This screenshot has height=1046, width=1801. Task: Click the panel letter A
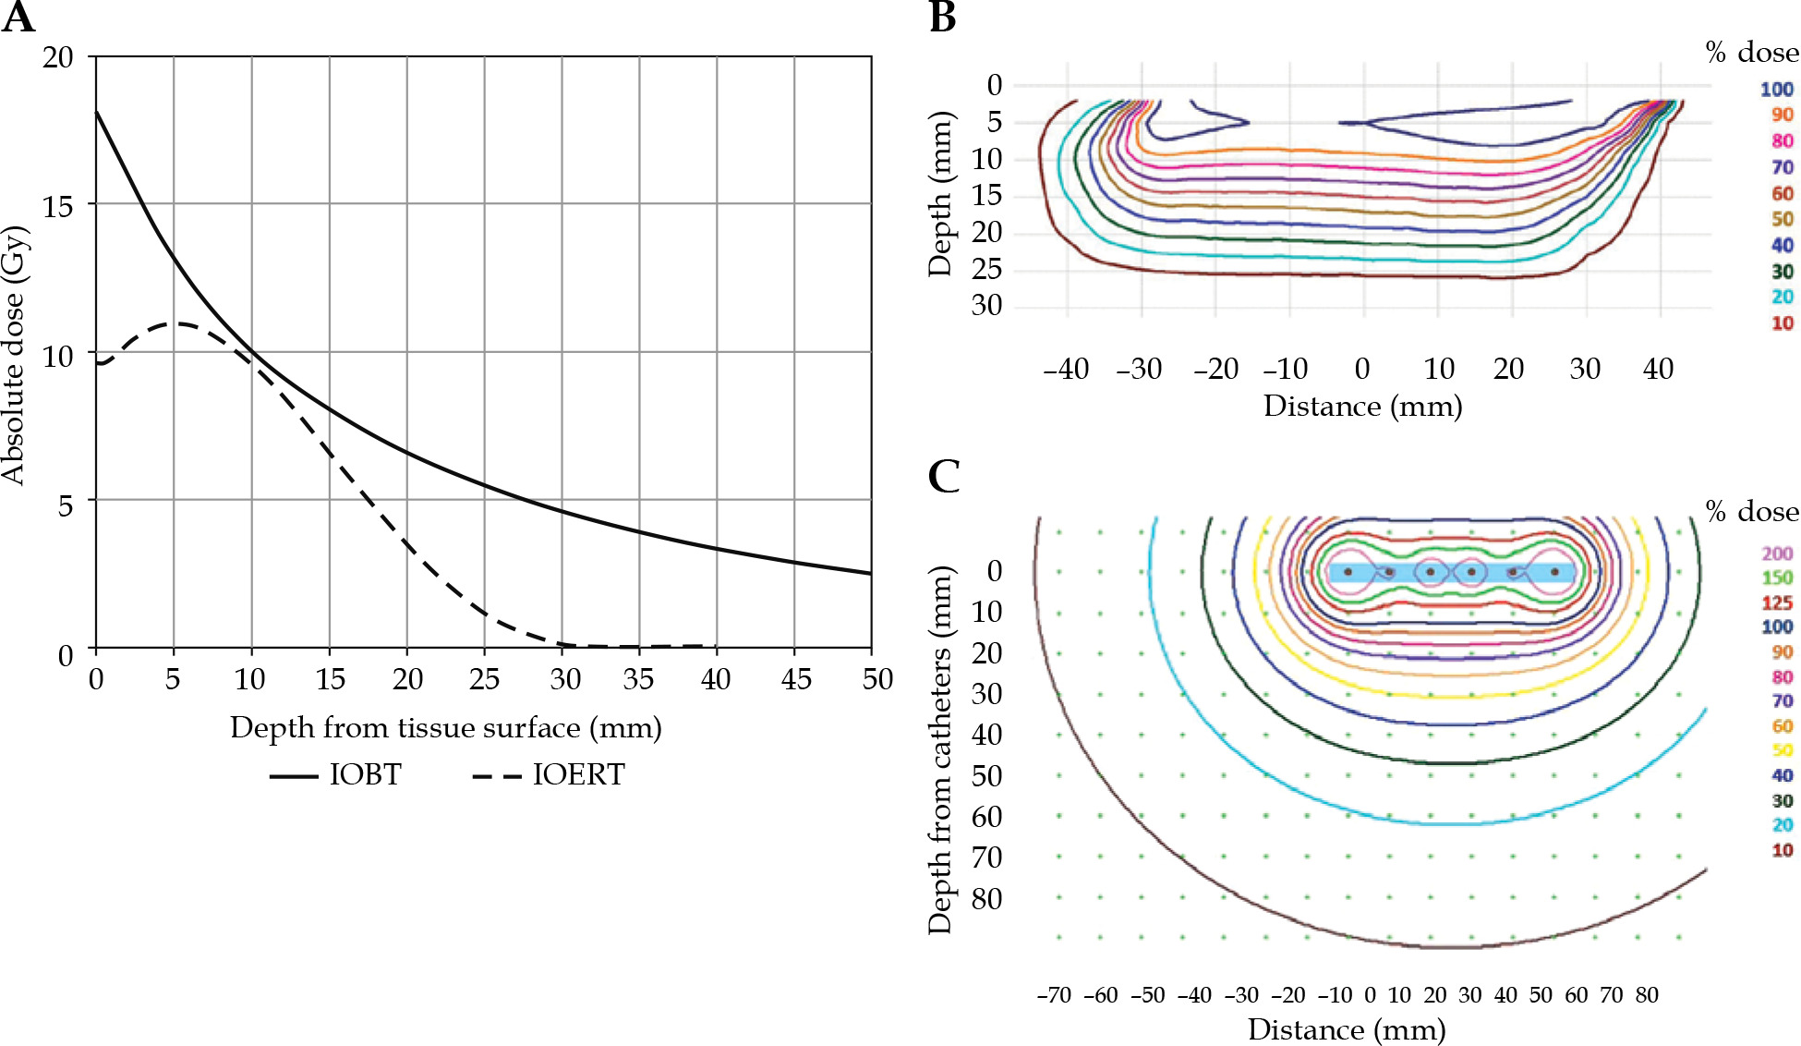18,18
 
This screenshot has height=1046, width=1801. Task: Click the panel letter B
942,18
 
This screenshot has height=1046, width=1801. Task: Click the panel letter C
944,477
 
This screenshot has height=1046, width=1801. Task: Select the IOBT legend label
366,774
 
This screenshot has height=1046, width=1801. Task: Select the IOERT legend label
579,774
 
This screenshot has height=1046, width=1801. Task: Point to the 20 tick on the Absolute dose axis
58,57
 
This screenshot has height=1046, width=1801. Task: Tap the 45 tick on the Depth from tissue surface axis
795,679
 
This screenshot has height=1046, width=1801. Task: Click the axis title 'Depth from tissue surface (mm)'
446,728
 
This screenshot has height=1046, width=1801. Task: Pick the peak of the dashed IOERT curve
180,323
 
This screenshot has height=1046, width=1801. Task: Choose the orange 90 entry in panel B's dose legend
1782,115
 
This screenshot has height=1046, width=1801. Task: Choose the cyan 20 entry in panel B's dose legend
1782,297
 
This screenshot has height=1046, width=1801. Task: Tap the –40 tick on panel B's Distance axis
1066,369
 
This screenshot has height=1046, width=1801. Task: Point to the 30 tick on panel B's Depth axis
986,305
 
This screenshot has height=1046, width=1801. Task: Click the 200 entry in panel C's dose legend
1777,553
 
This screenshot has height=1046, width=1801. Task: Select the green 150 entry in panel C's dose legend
1777,578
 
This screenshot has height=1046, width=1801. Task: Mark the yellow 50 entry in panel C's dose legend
1782,750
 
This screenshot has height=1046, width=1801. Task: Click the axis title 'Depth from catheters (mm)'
940,750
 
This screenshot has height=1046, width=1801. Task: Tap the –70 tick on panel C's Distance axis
1054,995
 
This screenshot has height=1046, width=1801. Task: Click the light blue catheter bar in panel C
1452,572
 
